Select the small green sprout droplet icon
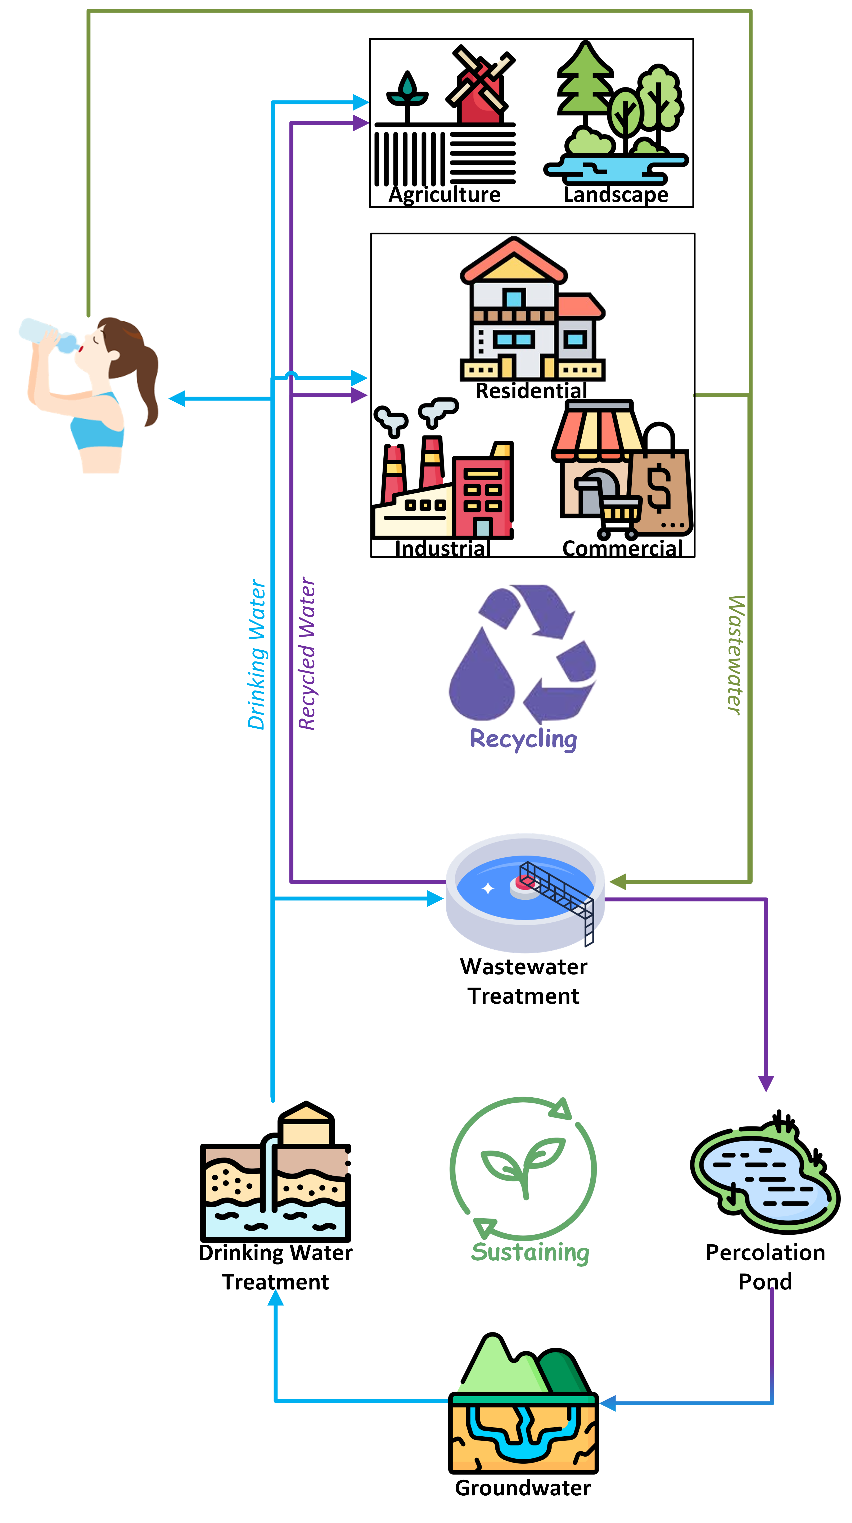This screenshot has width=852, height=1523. [407, 90]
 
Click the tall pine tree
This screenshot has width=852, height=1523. [585, 80]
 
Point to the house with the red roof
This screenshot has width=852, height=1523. [532, 313]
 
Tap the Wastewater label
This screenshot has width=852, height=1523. [735, 655]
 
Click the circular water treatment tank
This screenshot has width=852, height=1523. [525, 893]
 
